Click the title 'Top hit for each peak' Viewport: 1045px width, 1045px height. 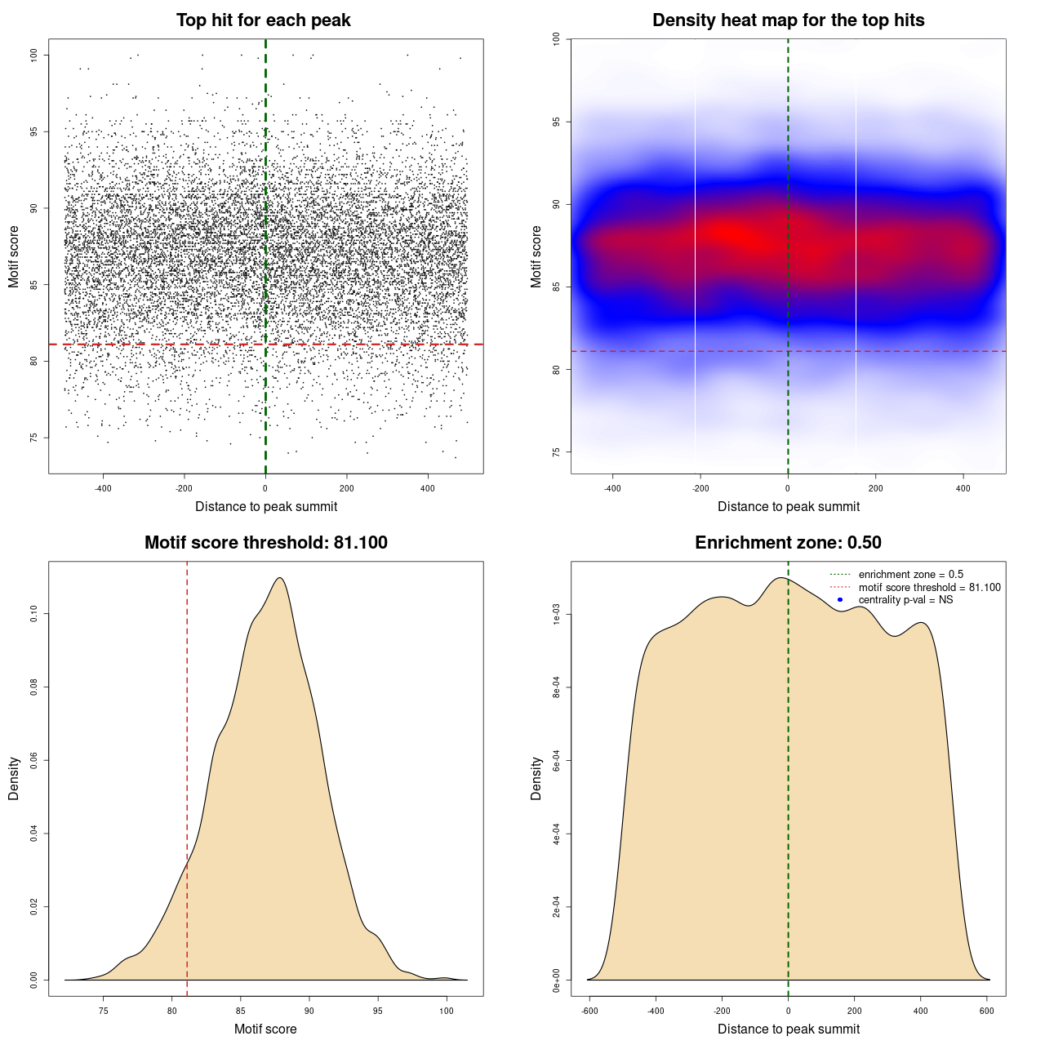click(263, 20)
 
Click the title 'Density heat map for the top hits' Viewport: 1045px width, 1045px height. click(788, 20)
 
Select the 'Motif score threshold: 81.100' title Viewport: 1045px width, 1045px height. click(265, 543)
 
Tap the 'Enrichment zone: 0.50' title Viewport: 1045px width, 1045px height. click(788, 543)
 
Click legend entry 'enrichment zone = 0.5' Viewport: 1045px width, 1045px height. click(910, 575)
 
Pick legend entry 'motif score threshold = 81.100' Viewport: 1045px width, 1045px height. click(929, 587)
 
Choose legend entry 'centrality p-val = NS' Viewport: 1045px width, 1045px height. click(905, 600)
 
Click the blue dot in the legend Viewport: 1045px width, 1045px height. click(840, 600)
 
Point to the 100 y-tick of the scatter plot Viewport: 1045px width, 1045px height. click(33, 55)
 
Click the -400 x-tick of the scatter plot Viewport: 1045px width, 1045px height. click(103, 488)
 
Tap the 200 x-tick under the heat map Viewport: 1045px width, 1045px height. click(876, 488)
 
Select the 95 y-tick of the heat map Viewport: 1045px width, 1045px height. click(556, 122)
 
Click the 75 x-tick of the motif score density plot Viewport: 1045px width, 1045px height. click(103, 1011)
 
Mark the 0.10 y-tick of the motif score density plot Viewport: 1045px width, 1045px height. click(33, 614)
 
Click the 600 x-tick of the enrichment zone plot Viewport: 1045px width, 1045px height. click(987, 1011)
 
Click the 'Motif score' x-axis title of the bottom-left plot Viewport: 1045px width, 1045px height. click(265, 1029)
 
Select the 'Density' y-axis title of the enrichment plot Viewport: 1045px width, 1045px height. click(536, 778)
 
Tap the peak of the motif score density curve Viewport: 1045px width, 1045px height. click(280, 578)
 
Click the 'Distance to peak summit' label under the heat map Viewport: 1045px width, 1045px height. click(788, 506)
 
